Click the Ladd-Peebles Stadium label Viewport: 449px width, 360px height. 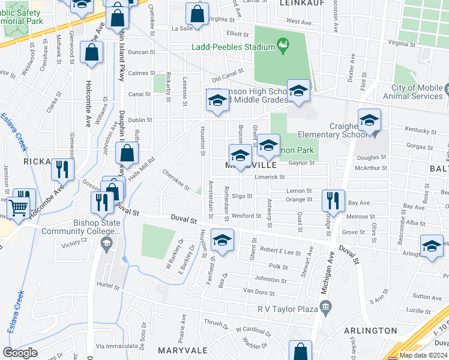pos(233,46)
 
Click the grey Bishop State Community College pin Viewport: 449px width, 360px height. pos(106,243)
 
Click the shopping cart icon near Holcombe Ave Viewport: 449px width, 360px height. pos(19,208)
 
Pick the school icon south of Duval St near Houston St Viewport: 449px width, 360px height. pos(222,241)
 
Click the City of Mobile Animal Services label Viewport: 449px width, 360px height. pos(417,92)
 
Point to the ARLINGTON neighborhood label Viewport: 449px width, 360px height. pos(370,331)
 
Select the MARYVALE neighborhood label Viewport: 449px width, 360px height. pos(181,349)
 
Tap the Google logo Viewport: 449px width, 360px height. pos(20,353)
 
